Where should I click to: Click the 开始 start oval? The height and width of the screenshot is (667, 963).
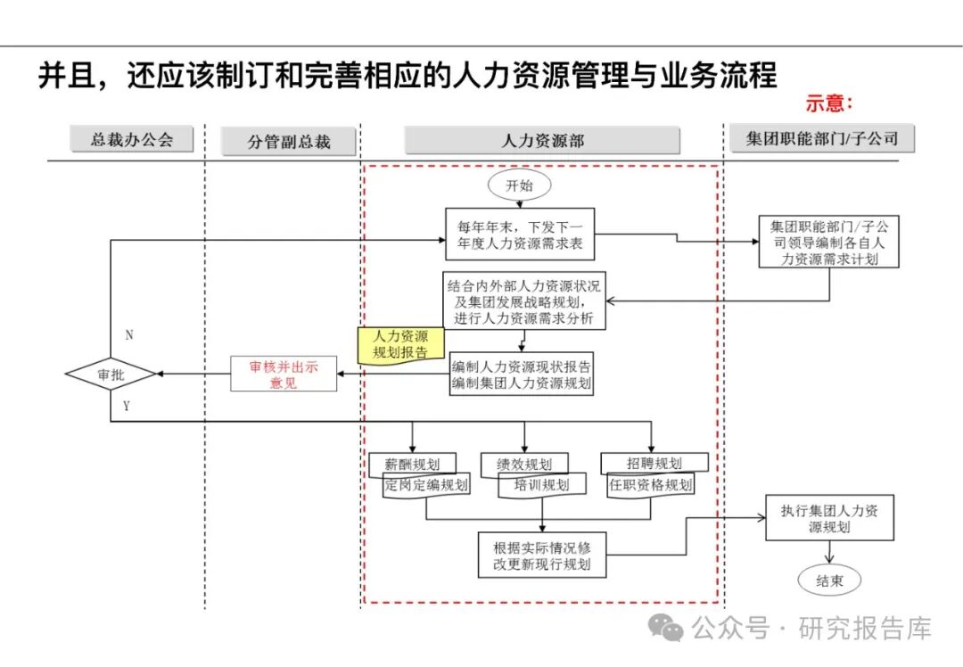click(519, 185)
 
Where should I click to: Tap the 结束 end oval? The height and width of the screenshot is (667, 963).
click(829, 581)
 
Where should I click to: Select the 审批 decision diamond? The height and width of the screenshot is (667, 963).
click(111, 375)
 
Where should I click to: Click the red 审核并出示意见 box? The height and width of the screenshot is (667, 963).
click(284, 375)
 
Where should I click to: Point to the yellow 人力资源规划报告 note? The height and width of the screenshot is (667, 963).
click(399, 344)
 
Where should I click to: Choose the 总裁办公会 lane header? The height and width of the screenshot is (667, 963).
click(131, 139)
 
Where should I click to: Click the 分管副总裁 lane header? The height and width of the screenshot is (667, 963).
click(289, 142)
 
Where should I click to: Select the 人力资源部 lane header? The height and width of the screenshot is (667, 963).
click(542, 141)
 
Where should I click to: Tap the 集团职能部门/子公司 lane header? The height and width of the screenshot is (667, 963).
click(821, 138)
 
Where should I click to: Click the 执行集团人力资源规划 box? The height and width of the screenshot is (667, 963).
click(829, 519)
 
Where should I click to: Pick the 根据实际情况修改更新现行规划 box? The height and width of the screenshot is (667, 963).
click(542, 554)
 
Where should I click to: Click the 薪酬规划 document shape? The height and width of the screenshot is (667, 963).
click(411, 463)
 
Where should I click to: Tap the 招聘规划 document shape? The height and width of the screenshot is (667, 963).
click(654, 463)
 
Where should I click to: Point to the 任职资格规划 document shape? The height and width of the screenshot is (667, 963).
click(650, 485)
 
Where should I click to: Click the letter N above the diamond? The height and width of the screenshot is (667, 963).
click(129, 335)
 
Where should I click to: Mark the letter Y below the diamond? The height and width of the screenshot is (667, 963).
click(127, 407)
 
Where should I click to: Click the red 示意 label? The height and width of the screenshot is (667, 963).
click(829, 103)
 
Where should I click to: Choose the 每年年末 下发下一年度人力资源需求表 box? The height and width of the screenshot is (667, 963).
click(521, 233)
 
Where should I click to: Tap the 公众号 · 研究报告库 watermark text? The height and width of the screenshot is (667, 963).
click(811, 628)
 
